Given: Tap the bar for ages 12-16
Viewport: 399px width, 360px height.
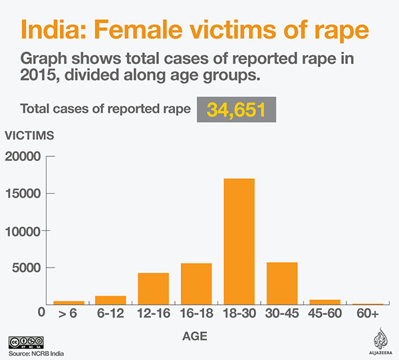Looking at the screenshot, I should pos(153,289).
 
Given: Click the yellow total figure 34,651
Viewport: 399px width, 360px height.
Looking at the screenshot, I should pos(236,110).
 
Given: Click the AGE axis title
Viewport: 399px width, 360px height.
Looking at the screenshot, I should pos(195,337).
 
